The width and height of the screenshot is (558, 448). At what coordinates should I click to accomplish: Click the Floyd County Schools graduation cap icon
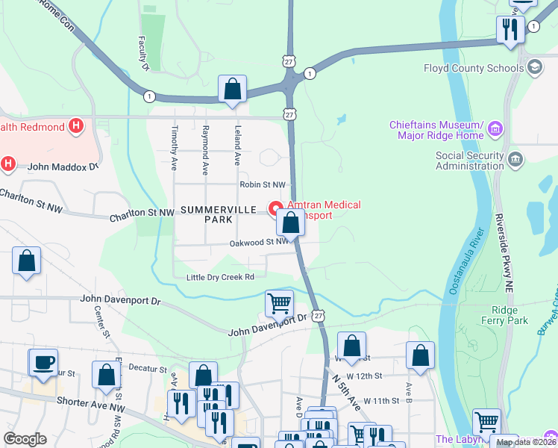pyautogui.click(x=534, y=69)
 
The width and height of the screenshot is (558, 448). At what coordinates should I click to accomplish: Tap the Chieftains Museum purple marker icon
pyautogui.click(x=495, y=131)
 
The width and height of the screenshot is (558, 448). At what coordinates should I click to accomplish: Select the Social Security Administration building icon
pyautogui.click(x=515, y=158)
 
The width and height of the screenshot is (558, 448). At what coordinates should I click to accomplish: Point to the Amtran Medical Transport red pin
pyautogui.click(x=275, y=208)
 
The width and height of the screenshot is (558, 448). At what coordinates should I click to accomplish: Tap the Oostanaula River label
pyautogui.click(x=463, y=261)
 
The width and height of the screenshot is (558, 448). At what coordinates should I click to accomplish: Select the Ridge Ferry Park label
pyautogui.click(x=510, y=315)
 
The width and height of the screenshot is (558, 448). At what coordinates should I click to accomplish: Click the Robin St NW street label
pyautogui.click(x=263, y=184)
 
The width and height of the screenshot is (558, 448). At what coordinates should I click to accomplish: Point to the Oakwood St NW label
pyautogui.click(x=258, y=242)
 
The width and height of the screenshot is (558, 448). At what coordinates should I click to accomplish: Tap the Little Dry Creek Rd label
pyautogui.click(x=220, y=277)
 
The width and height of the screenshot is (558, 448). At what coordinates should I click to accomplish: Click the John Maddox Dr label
pyautogui.click(x=63, y=167)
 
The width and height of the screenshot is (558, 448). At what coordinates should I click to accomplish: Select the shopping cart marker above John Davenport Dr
pyautogui.click(x=279, y=303)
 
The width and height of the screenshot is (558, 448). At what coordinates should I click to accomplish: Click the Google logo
pyautogui.click(x=25, y=439)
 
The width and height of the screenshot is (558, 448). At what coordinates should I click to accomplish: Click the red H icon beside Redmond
pyautogui.click(x=75, y=127)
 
